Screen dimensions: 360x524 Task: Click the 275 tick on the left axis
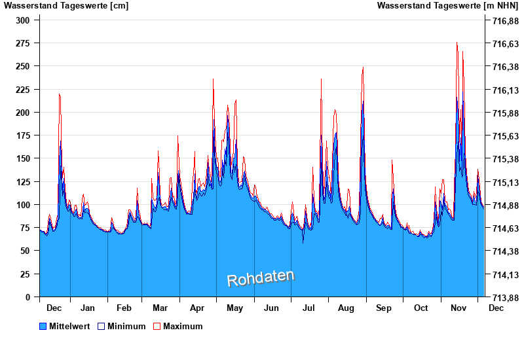tap(22, 43)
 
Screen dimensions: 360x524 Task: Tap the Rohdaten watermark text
tap(261, 278)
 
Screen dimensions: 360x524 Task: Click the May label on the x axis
tap(234, 308)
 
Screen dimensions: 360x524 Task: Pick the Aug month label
tap(346, 308)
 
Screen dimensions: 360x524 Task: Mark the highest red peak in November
tap(457, 43)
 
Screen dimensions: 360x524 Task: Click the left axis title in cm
tap(66, 6)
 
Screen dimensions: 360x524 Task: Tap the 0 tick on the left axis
tap(28, 297)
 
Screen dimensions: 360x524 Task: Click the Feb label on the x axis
tap(124, 308)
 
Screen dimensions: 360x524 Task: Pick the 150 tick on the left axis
tap(22, 158)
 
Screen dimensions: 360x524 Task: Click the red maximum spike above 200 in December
tap(60, 95)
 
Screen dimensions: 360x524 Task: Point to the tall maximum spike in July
tap(321, 80)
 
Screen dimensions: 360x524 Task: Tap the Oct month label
tap(421, 308)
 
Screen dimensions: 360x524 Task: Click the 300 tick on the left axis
tap(22, 20)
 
